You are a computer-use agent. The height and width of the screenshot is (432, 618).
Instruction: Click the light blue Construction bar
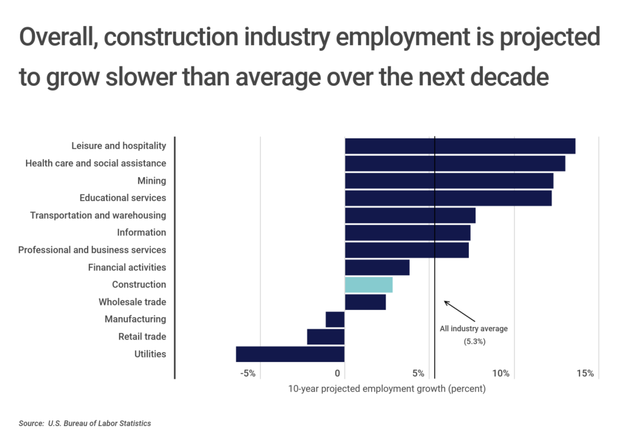click(x=368, y=285)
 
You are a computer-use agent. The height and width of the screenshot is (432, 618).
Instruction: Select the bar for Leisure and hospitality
click(x=459, y=146)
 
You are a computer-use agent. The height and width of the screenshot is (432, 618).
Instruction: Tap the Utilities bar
click(x=290, y=354)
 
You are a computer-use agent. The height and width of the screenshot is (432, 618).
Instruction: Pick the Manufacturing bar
click(x=335, y=319)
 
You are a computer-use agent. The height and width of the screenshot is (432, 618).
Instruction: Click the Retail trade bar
click(x=325, y=337)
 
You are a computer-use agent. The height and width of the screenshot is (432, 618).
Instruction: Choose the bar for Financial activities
click(x=377, y=267)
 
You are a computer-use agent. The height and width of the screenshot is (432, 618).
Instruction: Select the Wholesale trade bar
click(x=365, y=302)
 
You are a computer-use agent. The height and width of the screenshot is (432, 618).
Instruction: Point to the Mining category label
click(x=151, y=181)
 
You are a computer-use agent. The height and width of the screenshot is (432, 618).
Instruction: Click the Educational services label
click(x=123, y=198)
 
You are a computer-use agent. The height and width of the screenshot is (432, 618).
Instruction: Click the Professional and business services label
click(x=92, y=250)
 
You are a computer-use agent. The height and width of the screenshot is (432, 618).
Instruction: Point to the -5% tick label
click(x=248, y=373)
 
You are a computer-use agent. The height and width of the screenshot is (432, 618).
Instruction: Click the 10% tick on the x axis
click(x=501, y=373)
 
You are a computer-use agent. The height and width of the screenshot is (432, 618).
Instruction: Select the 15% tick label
click(x=585, y=373)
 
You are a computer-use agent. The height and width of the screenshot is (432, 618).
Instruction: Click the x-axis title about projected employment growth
click(x=386, y=389)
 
